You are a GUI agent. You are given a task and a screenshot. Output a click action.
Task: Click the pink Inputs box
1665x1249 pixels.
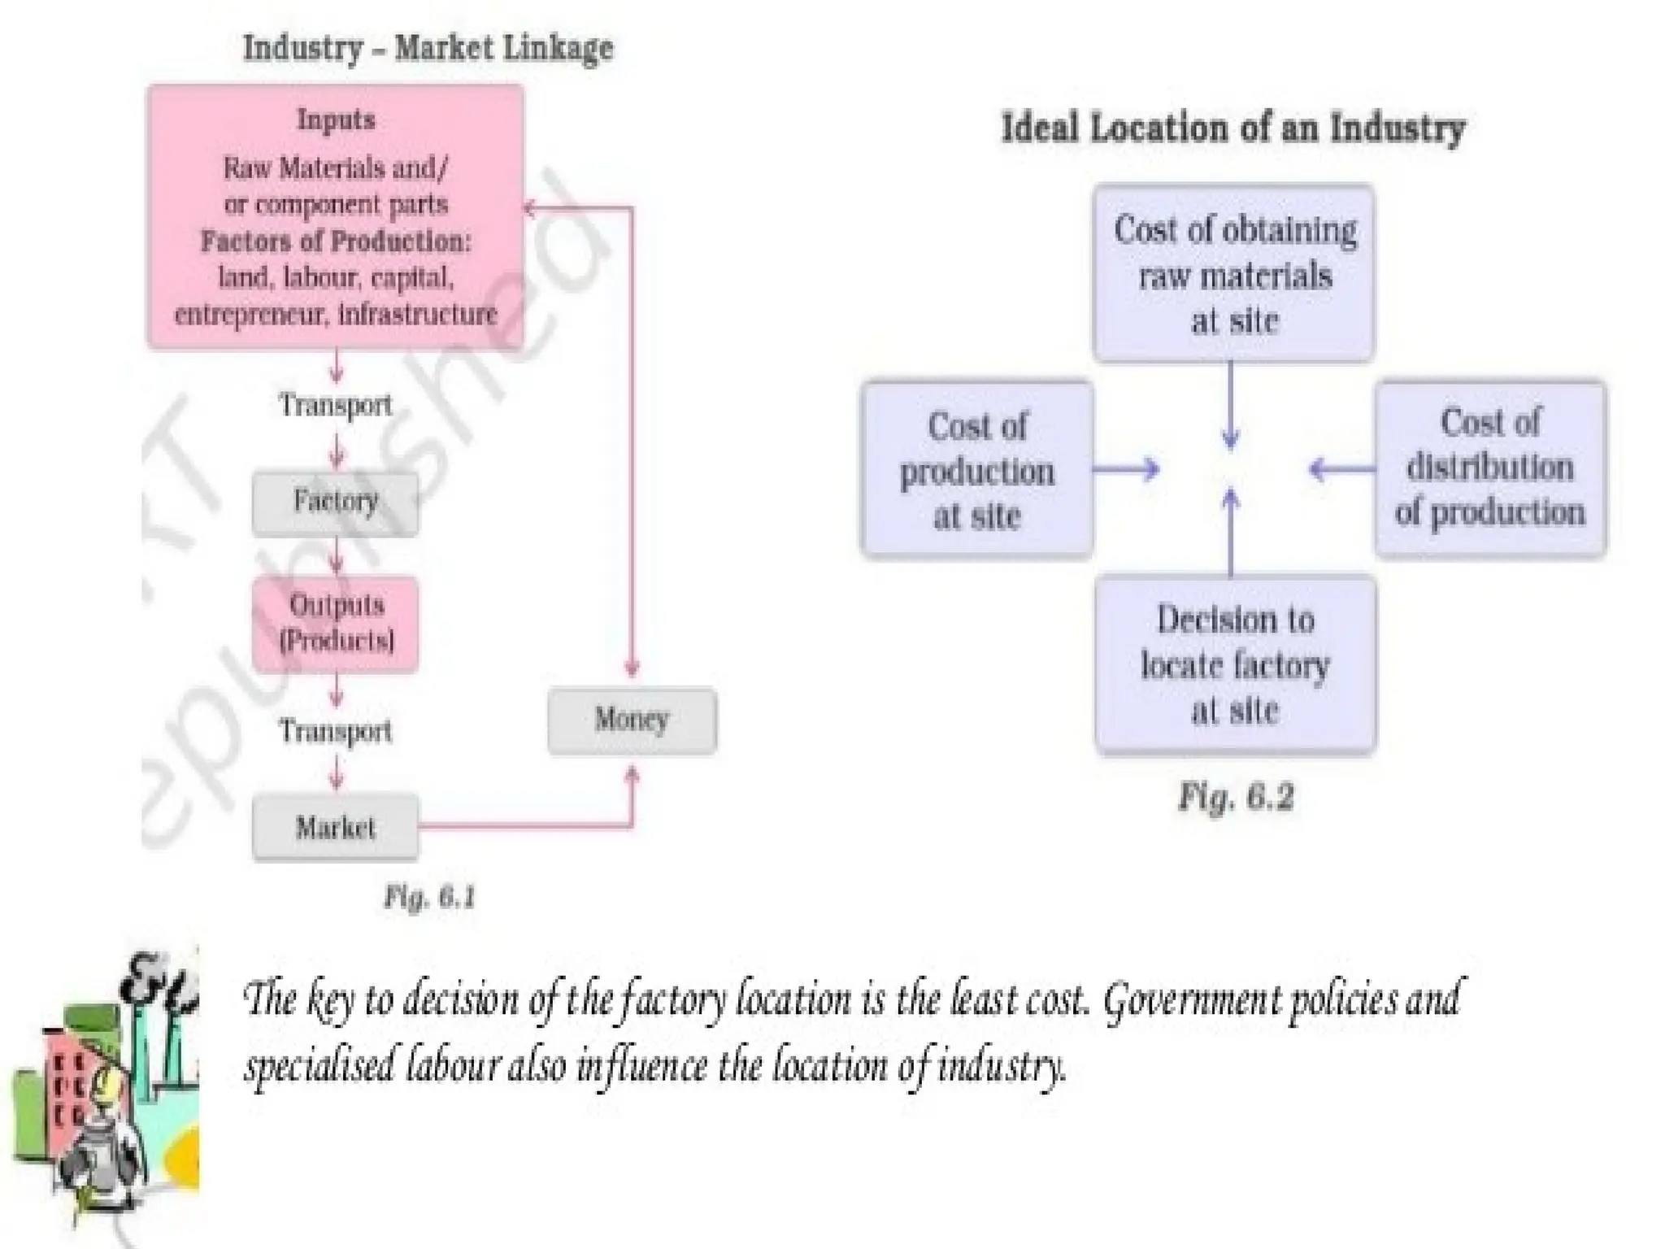[335, 216]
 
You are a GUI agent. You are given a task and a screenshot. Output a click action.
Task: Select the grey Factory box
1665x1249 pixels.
[335, 503]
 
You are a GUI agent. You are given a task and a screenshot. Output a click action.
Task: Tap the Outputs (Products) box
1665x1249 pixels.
[335, 624]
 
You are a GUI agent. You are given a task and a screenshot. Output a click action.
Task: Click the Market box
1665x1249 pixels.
[335, 828]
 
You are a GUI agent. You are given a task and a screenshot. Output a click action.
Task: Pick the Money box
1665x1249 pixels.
[632, 720]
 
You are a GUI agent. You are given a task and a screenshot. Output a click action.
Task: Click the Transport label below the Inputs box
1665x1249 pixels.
[335, 404]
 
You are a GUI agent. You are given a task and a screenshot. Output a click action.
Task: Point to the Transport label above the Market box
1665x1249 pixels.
[335, 730]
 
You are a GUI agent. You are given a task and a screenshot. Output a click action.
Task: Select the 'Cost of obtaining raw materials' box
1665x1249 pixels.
[1233, 273]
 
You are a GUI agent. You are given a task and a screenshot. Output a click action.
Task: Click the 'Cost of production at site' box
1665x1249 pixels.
[976, 470]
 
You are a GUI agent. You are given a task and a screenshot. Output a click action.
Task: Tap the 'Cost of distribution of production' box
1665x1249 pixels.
[1490, 468]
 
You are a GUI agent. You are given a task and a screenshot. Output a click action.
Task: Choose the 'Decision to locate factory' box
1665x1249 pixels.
[1235, 664]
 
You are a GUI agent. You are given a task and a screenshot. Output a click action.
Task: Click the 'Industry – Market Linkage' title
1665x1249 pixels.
[428, 48]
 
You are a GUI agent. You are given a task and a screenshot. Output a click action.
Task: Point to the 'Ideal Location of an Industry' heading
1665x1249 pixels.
[1233, 128]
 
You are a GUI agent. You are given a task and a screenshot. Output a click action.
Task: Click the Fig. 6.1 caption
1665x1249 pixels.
[429, 897]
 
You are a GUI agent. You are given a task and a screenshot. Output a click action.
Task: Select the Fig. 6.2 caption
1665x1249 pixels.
[1236, 797]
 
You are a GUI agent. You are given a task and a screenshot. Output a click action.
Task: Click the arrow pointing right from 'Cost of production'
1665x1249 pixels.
[1127, 469]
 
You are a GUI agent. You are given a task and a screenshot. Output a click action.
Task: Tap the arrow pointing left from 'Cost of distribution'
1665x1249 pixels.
[1341, 469]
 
